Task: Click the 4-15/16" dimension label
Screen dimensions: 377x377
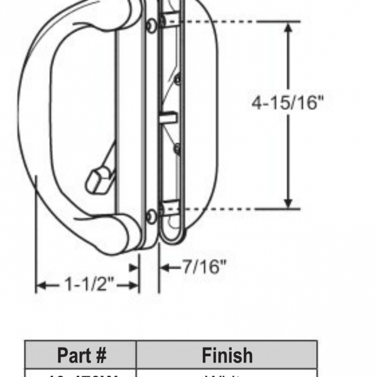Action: pos(288,102)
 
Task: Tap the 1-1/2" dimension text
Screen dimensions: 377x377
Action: pos(88,285)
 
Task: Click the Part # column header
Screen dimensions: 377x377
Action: pos(81,355)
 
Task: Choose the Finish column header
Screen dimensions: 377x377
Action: pos(227,355)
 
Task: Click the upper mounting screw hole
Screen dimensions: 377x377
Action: pos(151,25)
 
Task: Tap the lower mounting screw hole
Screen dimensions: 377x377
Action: pos(151,216)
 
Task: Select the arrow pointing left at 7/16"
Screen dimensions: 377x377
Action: pos(165,268)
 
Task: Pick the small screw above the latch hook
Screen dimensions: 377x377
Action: pos(177,79)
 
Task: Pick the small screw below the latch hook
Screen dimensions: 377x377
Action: pos(177,149)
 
